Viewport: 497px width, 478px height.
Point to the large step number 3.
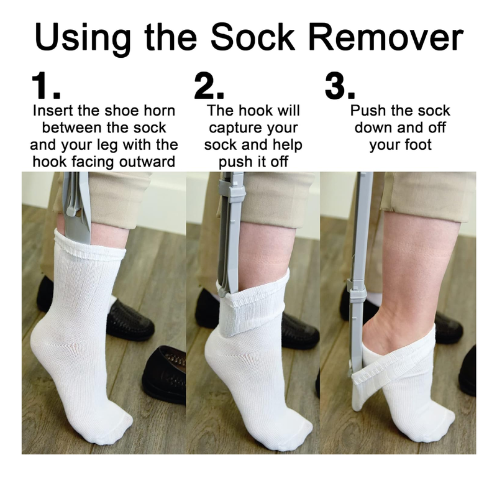[339, 87]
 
